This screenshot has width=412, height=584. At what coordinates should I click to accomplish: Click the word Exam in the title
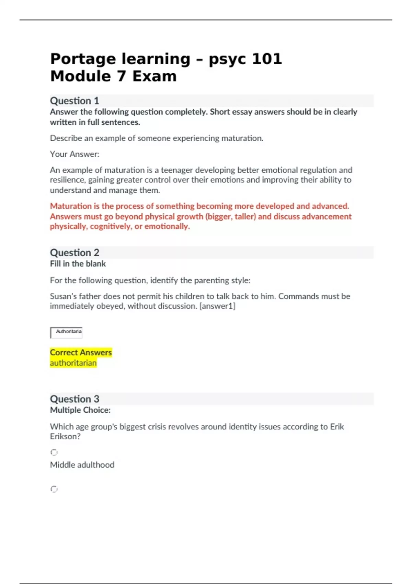pos(154,76)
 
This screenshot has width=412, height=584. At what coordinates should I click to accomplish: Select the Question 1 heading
pos(75,101)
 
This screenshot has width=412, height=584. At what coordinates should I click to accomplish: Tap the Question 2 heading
pos(75,252)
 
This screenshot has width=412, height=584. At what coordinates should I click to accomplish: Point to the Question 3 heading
pos(75,399)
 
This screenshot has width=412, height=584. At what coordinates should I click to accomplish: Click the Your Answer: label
pos(75,154)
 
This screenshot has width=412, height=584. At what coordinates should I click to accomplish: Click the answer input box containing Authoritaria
pos(67,332)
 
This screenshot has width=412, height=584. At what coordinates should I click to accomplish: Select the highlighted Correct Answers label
pos(81,352)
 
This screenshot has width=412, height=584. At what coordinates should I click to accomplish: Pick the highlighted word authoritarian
pos(73,363)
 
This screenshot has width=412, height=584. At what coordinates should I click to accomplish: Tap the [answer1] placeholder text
pos(217,306)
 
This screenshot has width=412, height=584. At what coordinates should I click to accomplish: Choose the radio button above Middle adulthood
pos(54,452)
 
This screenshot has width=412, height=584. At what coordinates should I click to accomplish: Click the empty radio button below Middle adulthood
pos(54,489)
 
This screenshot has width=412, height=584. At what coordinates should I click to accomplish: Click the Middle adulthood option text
pos(82,465)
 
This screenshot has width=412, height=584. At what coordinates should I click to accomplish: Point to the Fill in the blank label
pos(78,264)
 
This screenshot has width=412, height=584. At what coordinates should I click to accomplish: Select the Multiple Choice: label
pos(80,410)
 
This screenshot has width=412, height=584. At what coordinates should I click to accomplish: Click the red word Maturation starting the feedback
pos(71,206)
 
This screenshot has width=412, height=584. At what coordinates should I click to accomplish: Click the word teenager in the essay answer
pos(176,170)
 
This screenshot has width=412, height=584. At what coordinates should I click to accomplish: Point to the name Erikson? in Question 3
pos(65,437)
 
